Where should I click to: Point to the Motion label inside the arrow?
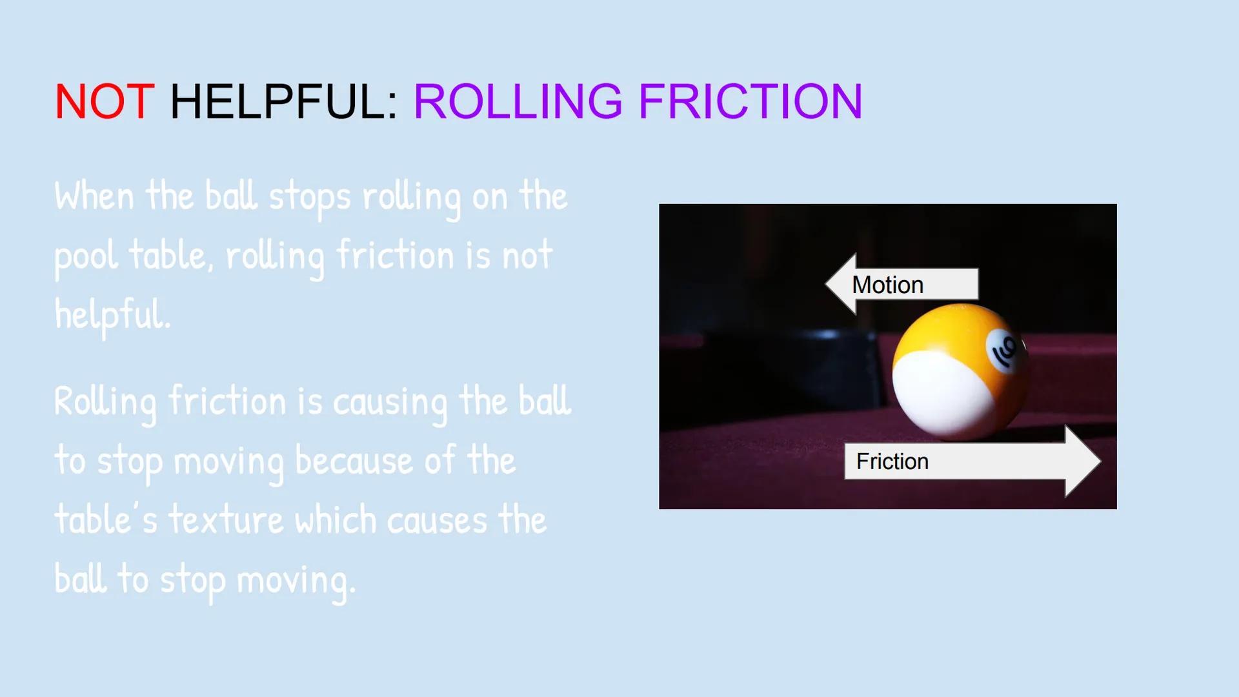[887, 285]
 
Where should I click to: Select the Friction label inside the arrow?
[892, 461]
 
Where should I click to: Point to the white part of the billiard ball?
[939, 394]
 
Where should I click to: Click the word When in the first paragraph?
[94, 196]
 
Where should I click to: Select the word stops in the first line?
[310, 197]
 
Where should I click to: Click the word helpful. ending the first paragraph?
[113, 315]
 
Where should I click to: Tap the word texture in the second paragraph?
[226, 520]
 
